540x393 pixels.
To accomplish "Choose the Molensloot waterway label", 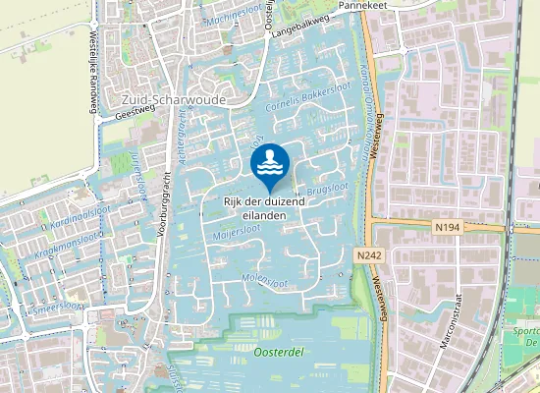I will pyautogui.click(x=264, y=282).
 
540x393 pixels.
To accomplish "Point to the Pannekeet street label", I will pyautogui.click(x=359, y=5).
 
